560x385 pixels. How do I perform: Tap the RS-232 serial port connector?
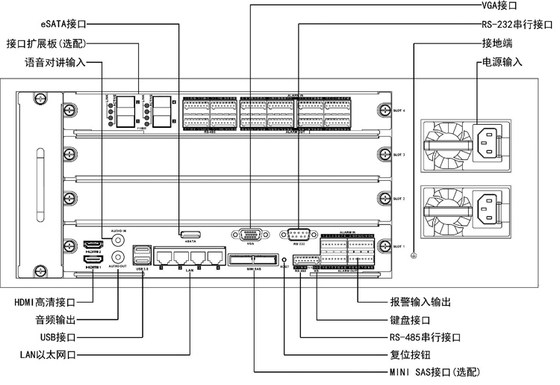tap(299, 234)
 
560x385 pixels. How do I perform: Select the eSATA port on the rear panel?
tap(190, 234)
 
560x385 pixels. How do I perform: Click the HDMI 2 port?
tap(93, 244)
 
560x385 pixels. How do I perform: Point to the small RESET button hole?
tap(283, 261)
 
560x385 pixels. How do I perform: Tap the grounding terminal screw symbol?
tap(414, 256)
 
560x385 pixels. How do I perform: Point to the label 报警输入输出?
tap(420, 303)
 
